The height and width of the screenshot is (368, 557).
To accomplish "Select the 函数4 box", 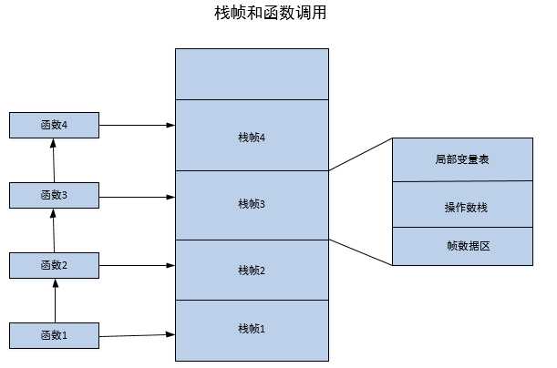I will click(x=54, y=124).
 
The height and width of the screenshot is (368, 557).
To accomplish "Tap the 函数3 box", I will click(x=54, y=195).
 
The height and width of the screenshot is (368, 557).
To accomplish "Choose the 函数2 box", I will click(x=54, y=265).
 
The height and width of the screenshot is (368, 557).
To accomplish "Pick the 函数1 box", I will click(x=54, y=335).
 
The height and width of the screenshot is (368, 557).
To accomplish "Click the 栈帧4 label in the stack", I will click(x=251, y=138).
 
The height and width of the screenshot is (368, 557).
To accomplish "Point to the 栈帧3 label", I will click(x=251, y=204).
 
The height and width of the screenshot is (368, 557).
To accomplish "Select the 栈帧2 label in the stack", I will click(x=251, y=270).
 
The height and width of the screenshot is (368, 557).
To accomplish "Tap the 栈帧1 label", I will click(x=251, y=328).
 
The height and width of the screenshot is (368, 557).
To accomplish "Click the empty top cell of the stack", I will click(x=251, y=74).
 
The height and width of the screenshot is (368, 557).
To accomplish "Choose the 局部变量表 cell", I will click(x=462, y=159).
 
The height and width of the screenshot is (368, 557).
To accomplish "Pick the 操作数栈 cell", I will click(x=462, y=207).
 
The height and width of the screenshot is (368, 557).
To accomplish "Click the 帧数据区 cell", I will click(x=462, y=246).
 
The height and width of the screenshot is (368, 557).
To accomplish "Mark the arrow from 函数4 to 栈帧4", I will click(x=137, y=124).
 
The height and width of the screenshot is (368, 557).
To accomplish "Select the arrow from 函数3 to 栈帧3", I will click(x=137, y=195).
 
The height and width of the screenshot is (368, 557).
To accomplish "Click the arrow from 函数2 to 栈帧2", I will click(x=137, y=265).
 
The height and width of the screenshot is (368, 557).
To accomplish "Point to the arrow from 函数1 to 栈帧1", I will click(x=137, y=336).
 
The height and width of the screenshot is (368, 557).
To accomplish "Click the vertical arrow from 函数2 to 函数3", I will click(x=54, y=230).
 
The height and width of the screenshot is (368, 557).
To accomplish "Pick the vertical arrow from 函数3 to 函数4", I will click(x=54, y=159).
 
